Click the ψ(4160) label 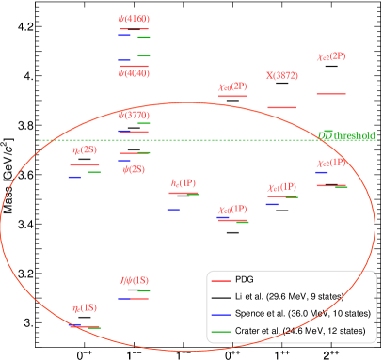pyautogui.click(x=134, y=19)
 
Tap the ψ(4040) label pyautogui.click(x=134, y=73)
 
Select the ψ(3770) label pyautogui.click(x=134, y=116)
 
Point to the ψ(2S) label pyautogui.click(x=134, y=170)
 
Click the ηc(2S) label pyautogui.click(x=84, y=149)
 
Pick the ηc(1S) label pyautogui.click(x=84, y=307)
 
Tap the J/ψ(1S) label pyautogui.click(x=134, y=280)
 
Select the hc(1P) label pyautogui.click(x=184, y=182)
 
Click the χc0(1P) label pyautogui.click(x=232, y=210)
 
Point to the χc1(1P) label pyautogui.click(x=281, y=188)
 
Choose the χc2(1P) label pyautogui.click(x=330, y=163)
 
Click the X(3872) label pyautogui.click(x=281, y=75)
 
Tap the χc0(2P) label pyautogui.click(x=232, y=87)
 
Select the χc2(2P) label pyautogui.click(x=330, y=56)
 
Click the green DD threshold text pyautogui.click(x=347, y=135)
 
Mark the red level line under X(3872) pyautogui.click(x=281, y=107)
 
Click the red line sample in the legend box pyautogui.click(x=221, y=281)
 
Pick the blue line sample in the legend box pyautogui.click(x=221, y=314)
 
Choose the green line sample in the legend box pyautogui.click(x=221, y=332)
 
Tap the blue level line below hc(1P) pyautogui.click(x=173, y=209)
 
